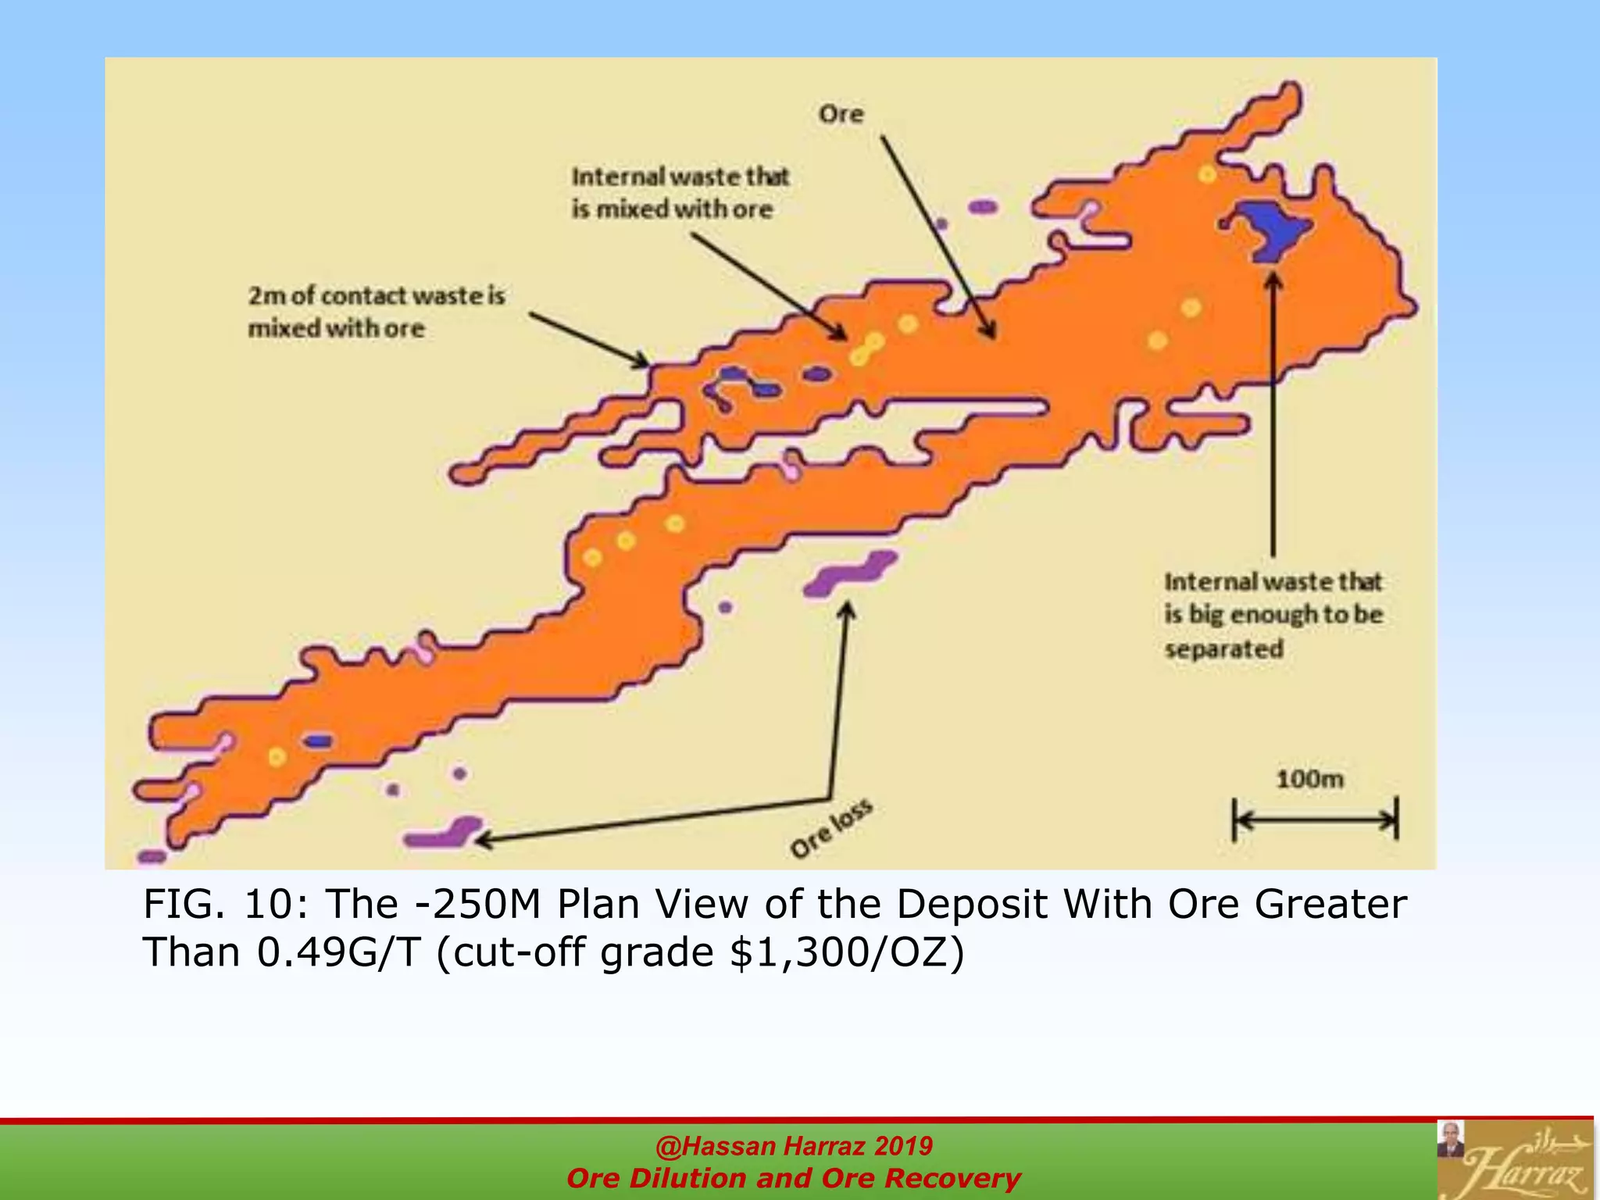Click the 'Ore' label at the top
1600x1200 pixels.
click(x=841, y=115)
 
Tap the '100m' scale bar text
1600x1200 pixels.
click(x=1309, y=779)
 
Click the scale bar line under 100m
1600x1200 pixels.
click(x=1315, y=820)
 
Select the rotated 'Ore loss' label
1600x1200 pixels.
click(x=830, y=830)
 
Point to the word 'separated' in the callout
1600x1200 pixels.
click(x=1223, y=649)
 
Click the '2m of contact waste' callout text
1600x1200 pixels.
click(x=376, y=312)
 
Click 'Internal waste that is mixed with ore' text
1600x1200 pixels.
click(x=680, y=193)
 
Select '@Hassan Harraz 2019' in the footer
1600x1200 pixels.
click(x=794, y=1145)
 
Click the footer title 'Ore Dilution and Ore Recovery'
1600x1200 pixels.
click(x=794, y=1178)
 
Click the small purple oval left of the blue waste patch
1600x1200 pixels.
click(x=983, y=207)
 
